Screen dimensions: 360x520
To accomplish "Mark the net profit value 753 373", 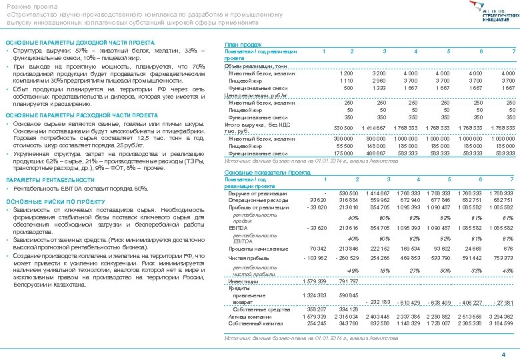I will coord(503,257).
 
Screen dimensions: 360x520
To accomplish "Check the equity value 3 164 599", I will coord(503,323).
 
